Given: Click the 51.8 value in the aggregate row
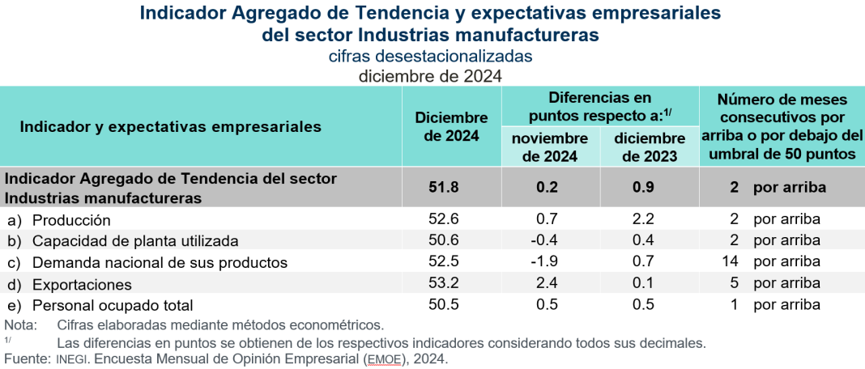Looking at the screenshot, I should [x=444, y=188].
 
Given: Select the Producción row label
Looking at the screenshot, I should [x=70, y=220].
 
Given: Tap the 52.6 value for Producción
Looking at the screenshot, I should [x=444, y=219].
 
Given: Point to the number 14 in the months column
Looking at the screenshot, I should [x=731, y=262].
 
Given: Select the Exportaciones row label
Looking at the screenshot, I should [x=82, y=284].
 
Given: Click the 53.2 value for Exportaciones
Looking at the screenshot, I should [x=444, y=283].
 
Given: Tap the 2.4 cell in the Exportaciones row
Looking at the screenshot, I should [x=549, y=283].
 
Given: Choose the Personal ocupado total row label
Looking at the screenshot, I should [x=113, y=305].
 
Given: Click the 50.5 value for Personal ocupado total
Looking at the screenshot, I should [x=444, y=304].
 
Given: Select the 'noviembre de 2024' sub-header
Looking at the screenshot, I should [x=550, y=147].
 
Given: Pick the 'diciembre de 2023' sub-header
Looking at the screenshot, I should [x=649, y=147].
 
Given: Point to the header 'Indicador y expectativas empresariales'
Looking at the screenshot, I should [x=170, y=127].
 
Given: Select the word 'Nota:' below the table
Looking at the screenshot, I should [x=20, y=325].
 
